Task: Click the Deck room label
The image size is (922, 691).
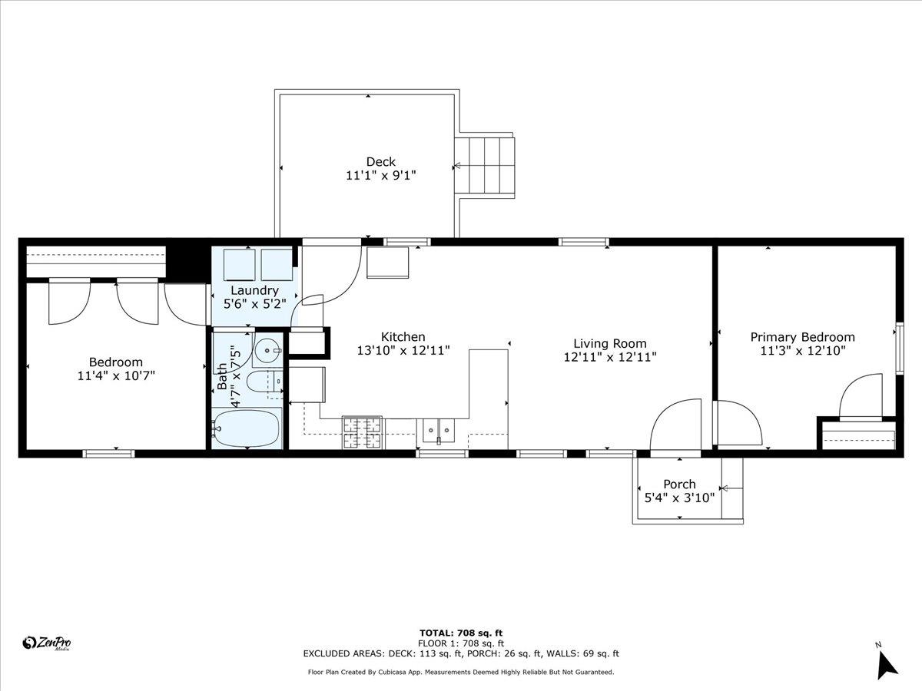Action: [380, 161]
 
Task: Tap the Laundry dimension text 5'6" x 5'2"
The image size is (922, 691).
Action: [254, 304]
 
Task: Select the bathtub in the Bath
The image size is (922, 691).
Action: [247, 428]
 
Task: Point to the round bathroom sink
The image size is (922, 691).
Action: [267, 350]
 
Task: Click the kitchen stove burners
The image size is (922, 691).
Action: [362, 432]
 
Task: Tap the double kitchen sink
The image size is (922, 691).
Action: [439, 431]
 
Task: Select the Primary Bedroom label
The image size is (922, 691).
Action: [802, 337]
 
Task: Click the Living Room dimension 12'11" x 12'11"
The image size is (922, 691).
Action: [610, 357]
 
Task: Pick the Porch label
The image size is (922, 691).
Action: [680, 484]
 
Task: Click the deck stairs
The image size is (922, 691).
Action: [485, 166]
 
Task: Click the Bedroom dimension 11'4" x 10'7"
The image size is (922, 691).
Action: [116, 375]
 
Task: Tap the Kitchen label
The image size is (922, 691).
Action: [403, 336]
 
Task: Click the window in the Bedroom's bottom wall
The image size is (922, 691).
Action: [108, 454]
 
